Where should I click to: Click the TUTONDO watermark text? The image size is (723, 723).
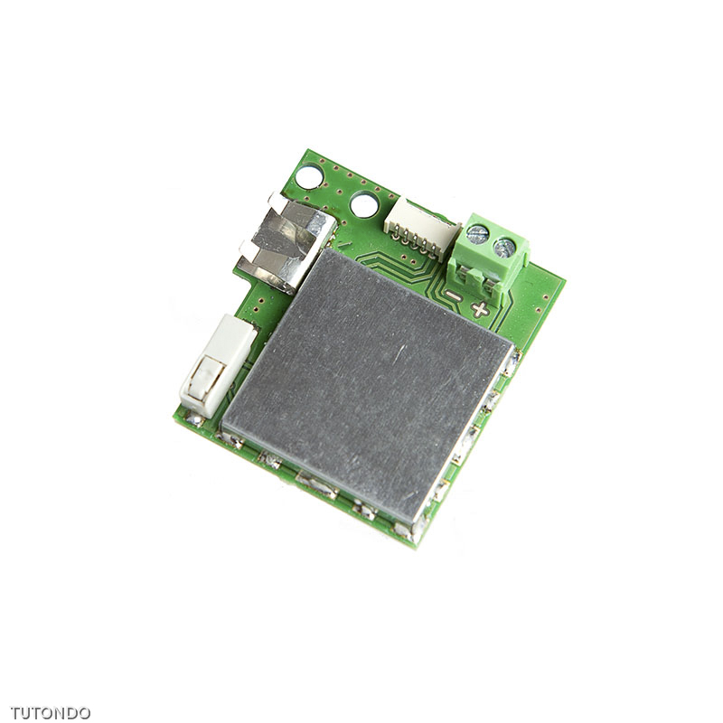click(51, 712)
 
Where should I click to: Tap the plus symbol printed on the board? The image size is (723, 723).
click(480, 309)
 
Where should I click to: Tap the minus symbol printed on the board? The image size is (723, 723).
click(452, 296)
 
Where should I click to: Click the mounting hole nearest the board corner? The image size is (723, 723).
click(312, 175)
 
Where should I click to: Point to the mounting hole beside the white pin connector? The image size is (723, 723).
click(363, 204)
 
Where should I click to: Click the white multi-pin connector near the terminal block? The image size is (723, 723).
click(420, 227)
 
